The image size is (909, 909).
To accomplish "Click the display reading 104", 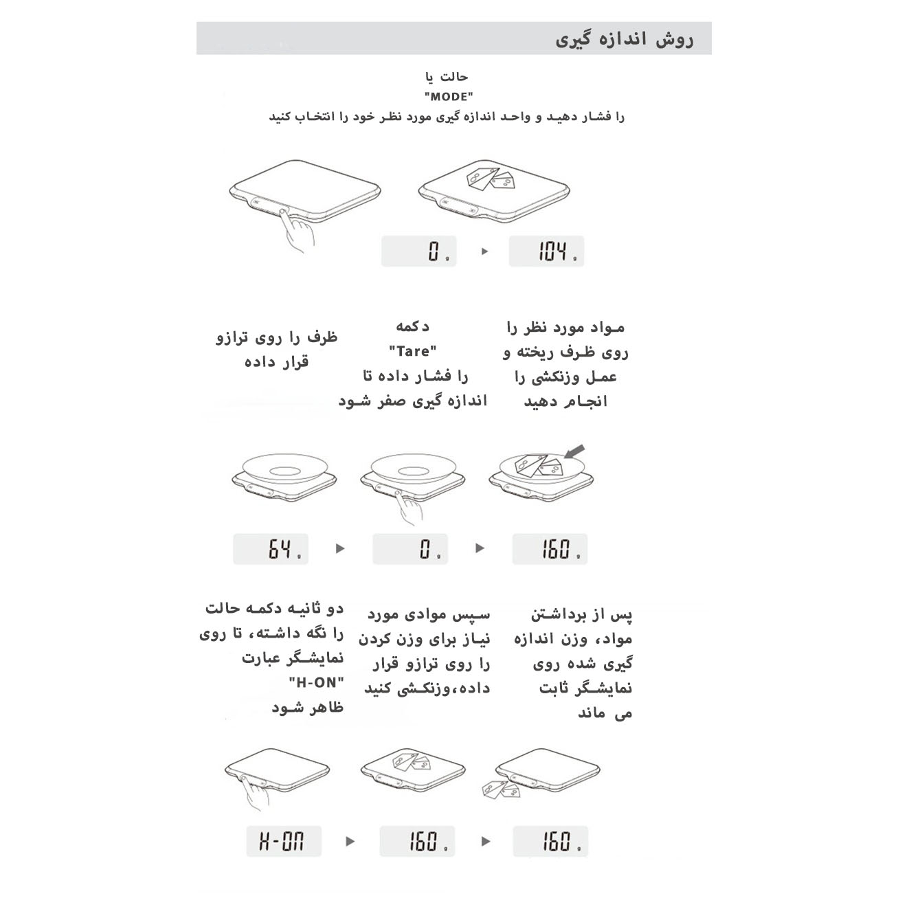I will coord(546,251).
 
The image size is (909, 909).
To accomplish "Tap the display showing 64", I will coord(271,549).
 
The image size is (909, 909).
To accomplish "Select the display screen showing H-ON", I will coord(283,842).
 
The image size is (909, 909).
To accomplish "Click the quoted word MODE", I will coord(449,97).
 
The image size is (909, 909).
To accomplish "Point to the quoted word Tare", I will coord(413,351).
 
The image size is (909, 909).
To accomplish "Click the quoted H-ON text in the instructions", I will coord(316,683).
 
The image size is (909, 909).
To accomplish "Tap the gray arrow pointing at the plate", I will coord(574,451).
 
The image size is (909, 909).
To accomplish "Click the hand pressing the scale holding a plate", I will coord(411,508).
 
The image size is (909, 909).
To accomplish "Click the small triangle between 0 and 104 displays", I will coord(484,251).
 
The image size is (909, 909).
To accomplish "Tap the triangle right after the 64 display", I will coord(339,548).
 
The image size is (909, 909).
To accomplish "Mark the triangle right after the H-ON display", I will coord(350,842).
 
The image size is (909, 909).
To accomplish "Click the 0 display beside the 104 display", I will coord(419,251).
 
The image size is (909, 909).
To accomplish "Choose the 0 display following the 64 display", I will coord(410,549).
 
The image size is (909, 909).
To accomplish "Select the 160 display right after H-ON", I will coord(416,842).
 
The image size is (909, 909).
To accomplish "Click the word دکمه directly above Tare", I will coord(412,326).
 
